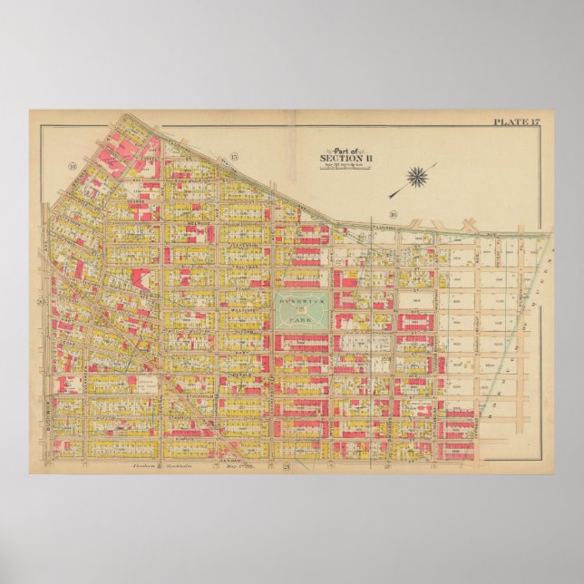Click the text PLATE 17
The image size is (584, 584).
[516, 122]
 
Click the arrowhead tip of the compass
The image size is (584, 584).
[390, 197]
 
